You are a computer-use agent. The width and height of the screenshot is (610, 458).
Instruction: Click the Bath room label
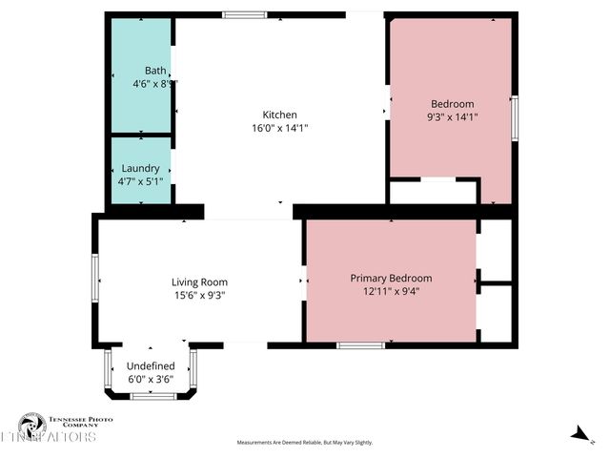coord(155,71)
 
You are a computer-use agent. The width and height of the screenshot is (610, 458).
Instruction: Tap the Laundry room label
coord(140,168)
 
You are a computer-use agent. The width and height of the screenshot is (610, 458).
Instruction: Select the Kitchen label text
coord(280,114)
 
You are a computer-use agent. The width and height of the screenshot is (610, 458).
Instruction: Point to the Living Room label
coord(199,281)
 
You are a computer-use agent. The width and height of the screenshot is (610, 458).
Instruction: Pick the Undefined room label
coord(151,365)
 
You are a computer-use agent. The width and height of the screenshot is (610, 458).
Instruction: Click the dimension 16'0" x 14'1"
coord(280,128)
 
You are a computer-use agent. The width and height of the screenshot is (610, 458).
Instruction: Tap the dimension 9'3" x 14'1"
coord(453,117)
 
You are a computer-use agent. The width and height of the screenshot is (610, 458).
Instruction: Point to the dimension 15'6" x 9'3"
coord(199,295)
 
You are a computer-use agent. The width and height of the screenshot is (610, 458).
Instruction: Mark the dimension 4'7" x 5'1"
coord(140,181)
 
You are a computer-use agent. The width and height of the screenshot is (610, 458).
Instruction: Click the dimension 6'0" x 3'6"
coord(151,379)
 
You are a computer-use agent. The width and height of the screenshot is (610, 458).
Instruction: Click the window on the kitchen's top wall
coord(245,15)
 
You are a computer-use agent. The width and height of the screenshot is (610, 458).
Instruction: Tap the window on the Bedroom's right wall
coord(513,116)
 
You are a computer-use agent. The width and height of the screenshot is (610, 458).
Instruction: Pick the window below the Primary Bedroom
coord(361,344)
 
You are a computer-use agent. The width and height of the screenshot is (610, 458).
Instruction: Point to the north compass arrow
coord(578,434)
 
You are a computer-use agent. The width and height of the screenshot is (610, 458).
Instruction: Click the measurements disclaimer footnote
coord(305,443)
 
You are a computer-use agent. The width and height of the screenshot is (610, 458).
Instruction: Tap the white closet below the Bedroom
coord(435,192)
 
